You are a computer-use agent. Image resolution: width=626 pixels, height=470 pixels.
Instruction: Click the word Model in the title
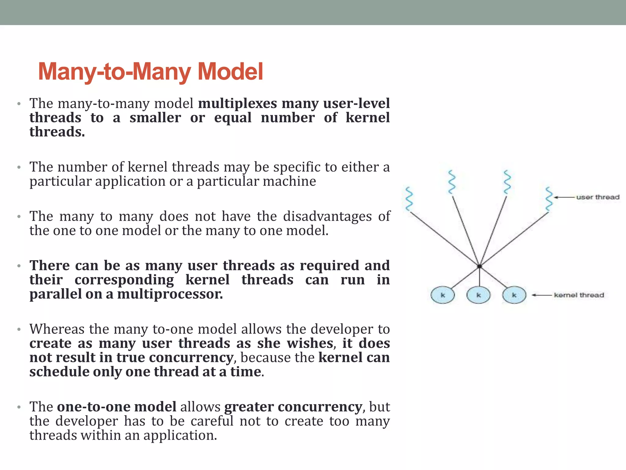click(230, 72)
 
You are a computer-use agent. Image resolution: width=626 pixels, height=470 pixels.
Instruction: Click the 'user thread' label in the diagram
click(598, 197)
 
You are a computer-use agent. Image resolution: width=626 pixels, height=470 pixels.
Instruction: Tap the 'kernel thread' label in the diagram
click(579, 295)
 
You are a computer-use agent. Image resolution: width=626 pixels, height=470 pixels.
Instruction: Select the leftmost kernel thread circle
click(443, 295)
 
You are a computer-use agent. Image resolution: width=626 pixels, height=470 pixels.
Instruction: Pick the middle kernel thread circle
click(479, 295)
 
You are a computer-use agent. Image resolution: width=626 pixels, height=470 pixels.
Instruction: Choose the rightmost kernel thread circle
click(514, 295)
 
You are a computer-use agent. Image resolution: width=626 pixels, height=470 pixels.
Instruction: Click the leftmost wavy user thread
click(409, 199)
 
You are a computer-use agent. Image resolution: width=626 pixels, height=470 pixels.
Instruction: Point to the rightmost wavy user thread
click(549, 199)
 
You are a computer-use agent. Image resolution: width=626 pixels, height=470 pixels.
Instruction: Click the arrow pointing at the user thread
click(564, 197)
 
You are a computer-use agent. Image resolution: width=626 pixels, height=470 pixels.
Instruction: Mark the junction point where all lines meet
click(479, 266)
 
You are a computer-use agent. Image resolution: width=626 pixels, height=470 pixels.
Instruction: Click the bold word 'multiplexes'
click(238, 103)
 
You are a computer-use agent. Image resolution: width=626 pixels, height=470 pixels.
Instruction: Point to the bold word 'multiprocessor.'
click(170, 294)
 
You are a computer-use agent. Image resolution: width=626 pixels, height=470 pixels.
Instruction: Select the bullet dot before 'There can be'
click(19, 266)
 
